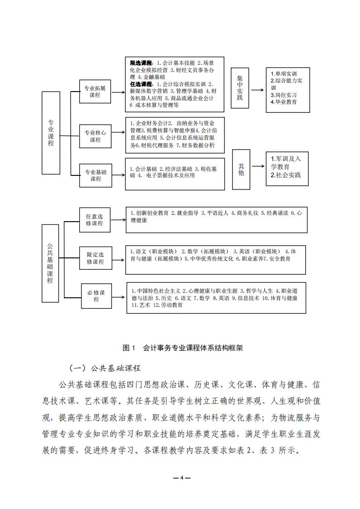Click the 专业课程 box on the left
[51, 132]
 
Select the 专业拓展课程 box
[95, 92]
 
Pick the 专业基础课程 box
[95, 175]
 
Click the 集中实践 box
[240, 88]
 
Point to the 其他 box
[241, 169]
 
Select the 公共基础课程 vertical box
[50, 263]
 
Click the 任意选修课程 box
[95, 220]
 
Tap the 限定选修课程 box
[95, 258]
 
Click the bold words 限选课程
[141, 63]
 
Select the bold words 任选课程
[141, 84]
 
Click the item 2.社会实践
[286, 175]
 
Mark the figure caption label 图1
[130, 348]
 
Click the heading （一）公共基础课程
[105, 368]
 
